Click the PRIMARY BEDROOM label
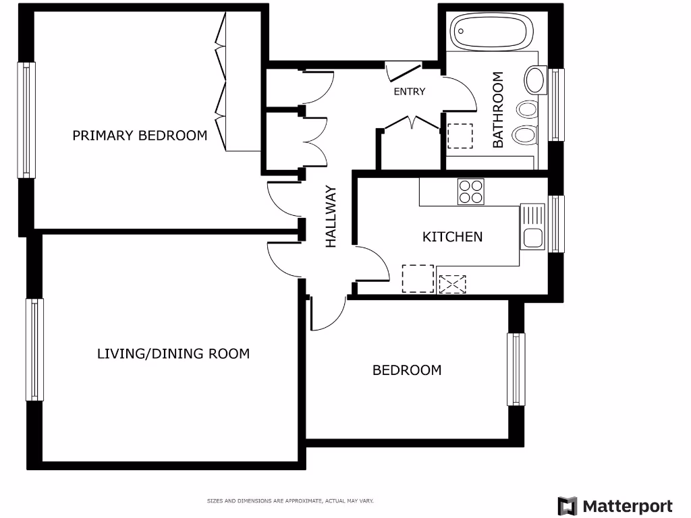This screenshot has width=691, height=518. pos(140,136)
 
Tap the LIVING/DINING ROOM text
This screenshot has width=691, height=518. pos(173,353)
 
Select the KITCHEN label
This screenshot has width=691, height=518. pos(452,237)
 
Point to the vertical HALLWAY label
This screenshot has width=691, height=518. pos(331,217)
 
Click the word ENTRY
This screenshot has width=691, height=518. pos(410,92)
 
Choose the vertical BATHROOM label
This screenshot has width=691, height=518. pos(498,110)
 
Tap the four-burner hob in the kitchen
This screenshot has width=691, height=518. pos(470,191)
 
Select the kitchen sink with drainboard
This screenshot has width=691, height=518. pos(532,227)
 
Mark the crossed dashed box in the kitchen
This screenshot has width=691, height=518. pos(452,284)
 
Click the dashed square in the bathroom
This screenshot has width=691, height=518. pos(460,136)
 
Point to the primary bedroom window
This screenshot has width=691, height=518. pos(26,120)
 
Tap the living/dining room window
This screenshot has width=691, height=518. pos(34,349)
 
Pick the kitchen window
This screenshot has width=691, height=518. pos(556,224)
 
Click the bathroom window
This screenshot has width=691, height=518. pos(556,105)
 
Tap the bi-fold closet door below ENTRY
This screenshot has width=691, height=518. pos(411,123)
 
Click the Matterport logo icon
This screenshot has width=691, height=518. pos(568,506)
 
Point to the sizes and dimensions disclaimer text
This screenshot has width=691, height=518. pos(289,501)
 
